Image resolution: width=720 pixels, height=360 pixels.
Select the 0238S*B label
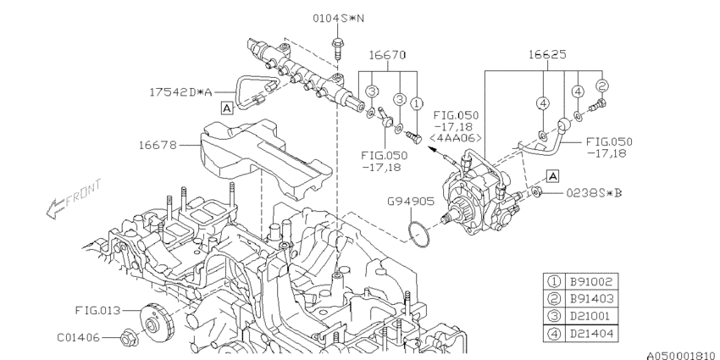click(595, 193)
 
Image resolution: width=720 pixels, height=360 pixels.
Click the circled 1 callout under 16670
click(416, 103)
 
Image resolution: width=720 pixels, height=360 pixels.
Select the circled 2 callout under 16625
click(602, 86)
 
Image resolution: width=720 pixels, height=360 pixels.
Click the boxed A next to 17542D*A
click(227, 108)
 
